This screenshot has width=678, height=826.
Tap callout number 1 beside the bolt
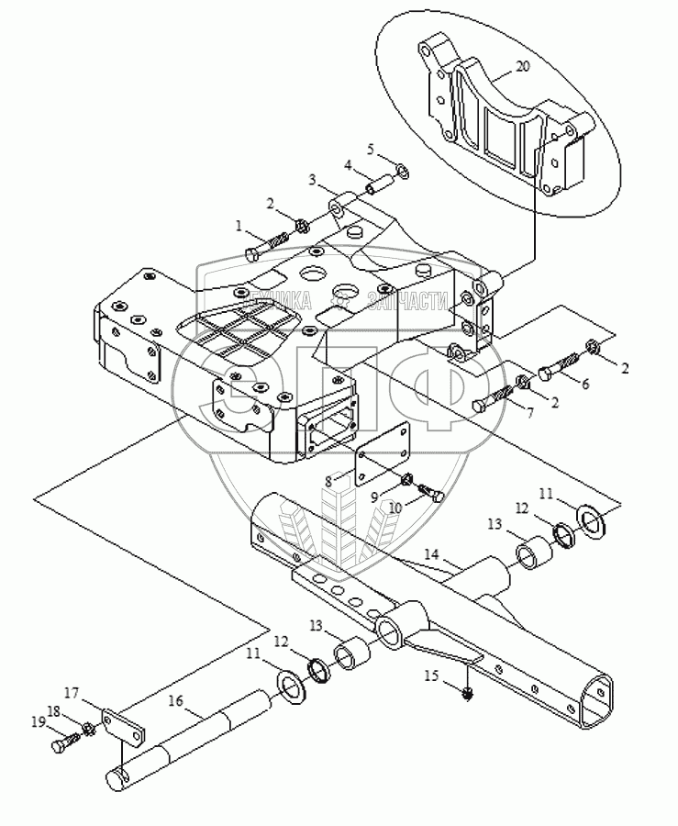point(239,225)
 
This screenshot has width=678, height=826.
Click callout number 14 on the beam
point(430,555)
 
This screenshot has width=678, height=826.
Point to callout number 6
point(585,384)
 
